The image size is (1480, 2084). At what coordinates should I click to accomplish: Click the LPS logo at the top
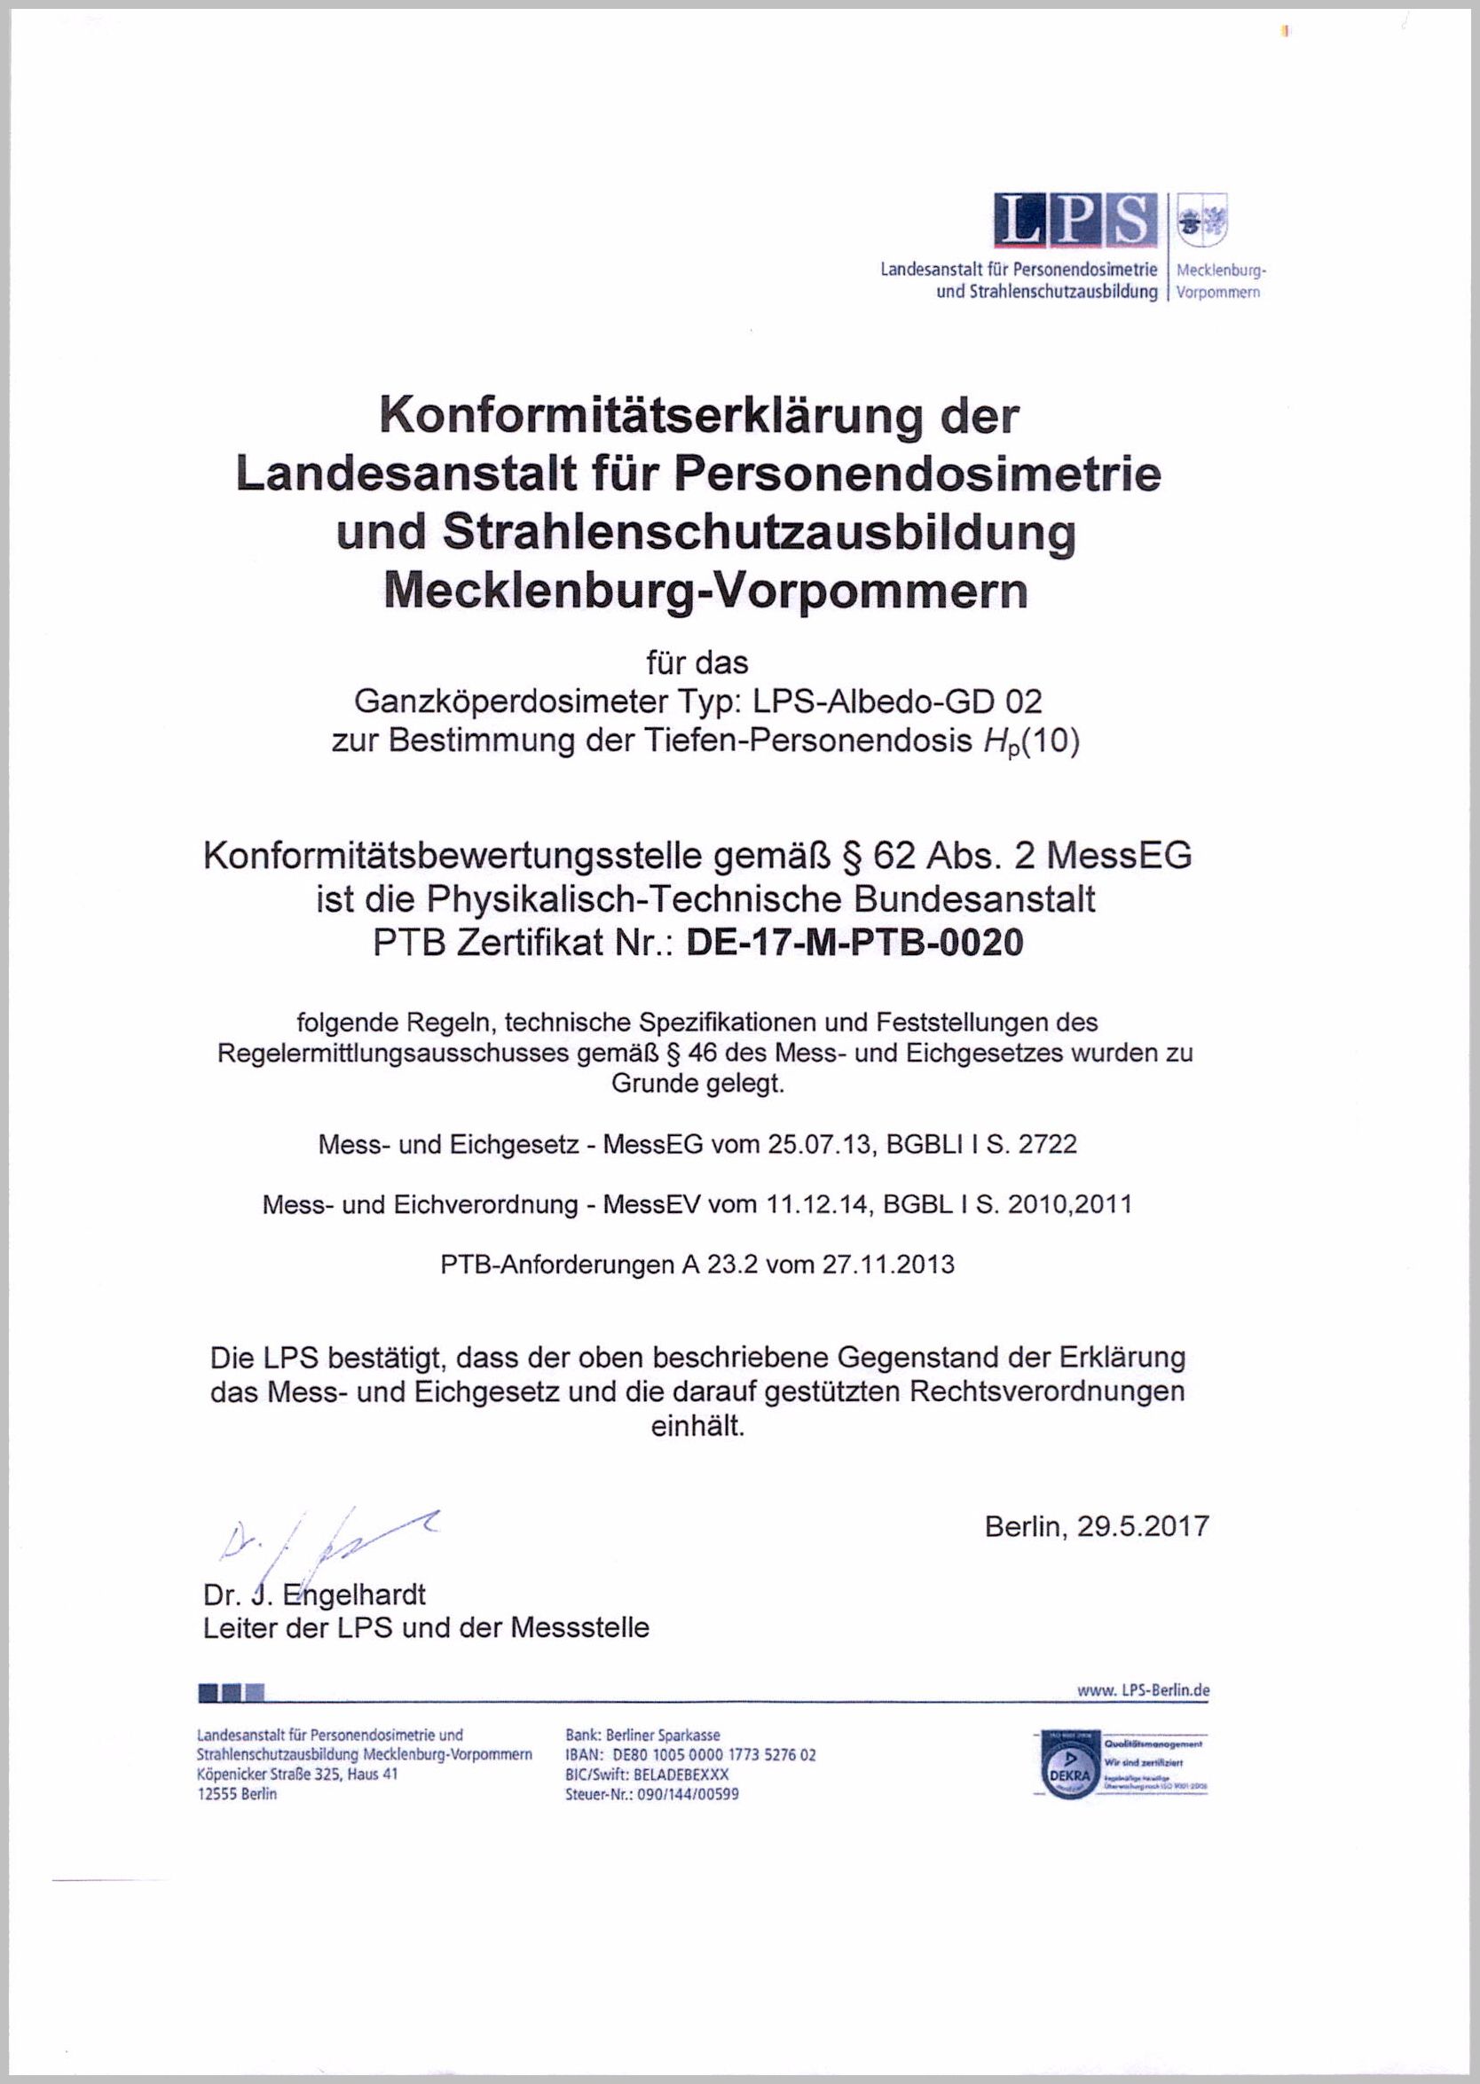1075,220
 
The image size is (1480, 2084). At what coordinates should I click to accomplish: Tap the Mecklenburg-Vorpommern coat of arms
1202,222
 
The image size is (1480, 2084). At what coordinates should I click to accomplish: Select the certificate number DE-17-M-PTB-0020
854,942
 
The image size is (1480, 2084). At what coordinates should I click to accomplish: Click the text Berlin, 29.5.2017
1097,1525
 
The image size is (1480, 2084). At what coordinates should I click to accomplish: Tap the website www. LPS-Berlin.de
1143,1689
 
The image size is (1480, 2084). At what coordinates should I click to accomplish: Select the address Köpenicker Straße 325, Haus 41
297,1775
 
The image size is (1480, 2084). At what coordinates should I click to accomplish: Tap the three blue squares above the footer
231,1693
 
